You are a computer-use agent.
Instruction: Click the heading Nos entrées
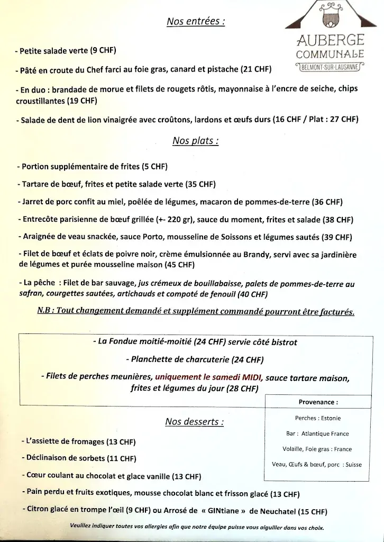click(x=195, y=22)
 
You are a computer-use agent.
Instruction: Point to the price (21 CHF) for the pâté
click(x=256, y=70)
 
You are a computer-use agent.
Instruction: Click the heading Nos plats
click(x=195, y=141)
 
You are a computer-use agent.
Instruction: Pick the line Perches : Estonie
click(x=317, y=418)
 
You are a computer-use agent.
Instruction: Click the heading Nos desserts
click(x=194, y=422)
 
